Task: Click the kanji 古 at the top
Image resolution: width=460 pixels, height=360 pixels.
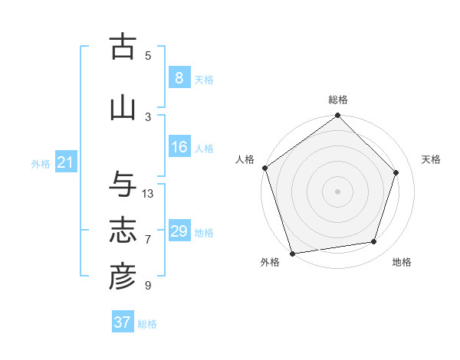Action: pyautogui.click(x=123, y=47)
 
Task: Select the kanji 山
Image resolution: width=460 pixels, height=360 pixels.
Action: pyautogui.click(x=123, y=108)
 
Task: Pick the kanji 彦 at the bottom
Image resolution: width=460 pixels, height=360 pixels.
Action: pyautogui.click(x=123, y=277)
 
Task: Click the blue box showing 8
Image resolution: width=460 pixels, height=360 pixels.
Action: pyautogui.click(x=179, y=77)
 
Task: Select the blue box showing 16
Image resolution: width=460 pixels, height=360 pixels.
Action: pyautogui.click(x=179, y=147)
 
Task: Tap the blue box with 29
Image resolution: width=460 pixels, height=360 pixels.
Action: pyautogui.click(x=179, y=231)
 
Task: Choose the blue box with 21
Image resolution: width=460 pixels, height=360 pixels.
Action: pyautogui.click(x=65, y=162)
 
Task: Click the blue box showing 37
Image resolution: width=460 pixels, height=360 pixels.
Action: pyautogui.click(x=123, y=322)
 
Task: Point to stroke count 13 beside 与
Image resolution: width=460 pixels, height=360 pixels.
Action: pyautogui.click(x=148, y=193)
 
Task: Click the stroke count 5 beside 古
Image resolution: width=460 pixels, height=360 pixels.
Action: pyautogui.click(x=148, y=55)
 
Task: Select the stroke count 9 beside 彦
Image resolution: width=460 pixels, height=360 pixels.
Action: pyautogui.click(x=148, y=286)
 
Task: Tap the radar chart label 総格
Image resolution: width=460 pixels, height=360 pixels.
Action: pyautogui.click(x=338, y=100)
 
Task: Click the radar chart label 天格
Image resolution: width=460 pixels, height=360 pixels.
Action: pyautogui.click(x=431, y=159)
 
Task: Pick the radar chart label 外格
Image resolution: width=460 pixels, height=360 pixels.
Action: pyautogui.click(x=270, y=263)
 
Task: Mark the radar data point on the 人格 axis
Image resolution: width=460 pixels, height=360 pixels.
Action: pyautogui.click(x=264, y=168)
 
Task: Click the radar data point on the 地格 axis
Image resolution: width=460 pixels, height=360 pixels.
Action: pyautogui.click(x=374, y=242)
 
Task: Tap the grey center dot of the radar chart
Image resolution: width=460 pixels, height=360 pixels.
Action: pyautogui.click(x=338, y=191)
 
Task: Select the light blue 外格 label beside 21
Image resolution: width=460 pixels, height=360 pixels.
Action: pyautogui.click(x=40, y=163)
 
